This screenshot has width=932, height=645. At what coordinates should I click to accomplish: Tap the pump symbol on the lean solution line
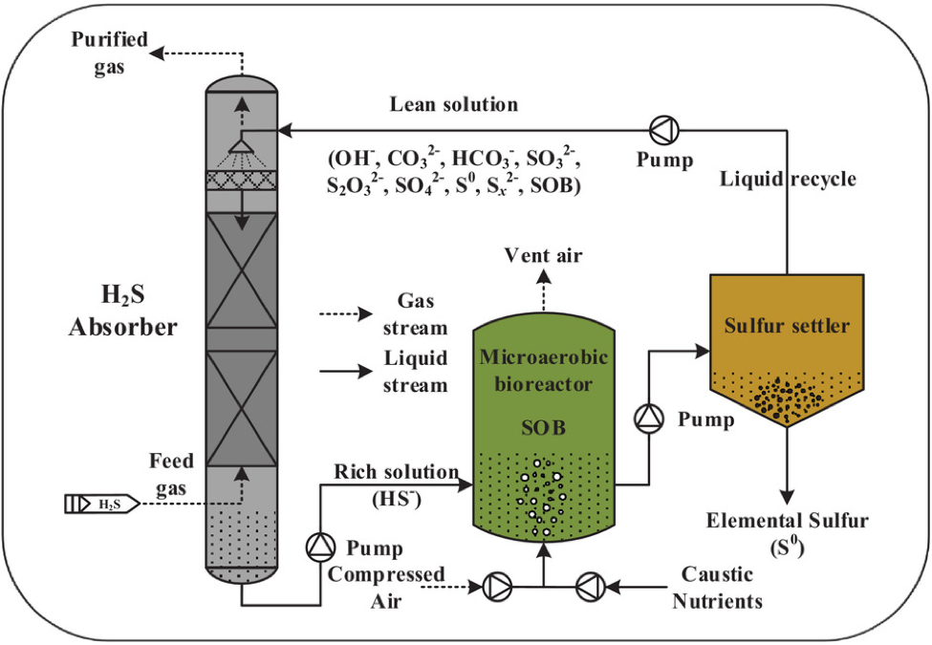tap(661, 128)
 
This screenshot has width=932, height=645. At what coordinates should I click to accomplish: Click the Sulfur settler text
tap(787, 326)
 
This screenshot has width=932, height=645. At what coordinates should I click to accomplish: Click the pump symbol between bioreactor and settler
tap(650, 418)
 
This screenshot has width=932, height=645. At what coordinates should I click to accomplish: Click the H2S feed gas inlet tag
tap(101, 503)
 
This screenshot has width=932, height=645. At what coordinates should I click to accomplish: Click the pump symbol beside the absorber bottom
tap(318, 546)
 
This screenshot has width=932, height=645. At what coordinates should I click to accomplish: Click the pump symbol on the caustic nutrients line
tap(590, 585)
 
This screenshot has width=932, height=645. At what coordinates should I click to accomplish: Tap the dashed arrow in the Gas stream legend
tap(347, 313)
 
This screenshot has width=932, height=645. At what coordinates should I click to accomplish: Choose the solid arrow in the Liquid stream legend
tap(347, 372)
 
